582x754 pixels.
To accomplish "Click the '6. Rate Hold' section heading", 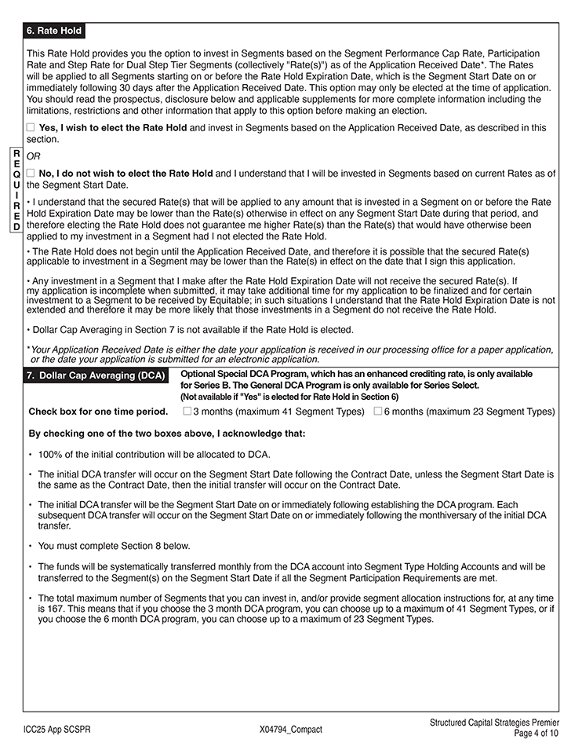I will pyautogui.click(x=53, y=31).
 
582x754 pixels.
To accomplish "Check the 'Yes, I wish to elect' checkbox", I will pyautogui.click(x=31, y=127).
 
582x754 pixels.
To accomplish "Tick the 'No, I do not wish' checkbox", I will pyautogui.click(x=31, y=174).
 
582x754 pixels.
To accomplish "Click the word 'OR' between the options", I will pyautogui.click(x=34, y=156).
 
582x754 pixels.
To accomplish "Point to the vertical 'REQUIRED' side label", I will pyautogui.click(x=16, y=189).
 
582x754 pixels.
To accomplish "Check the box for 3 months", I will pyautogui.click(x=187, y=411).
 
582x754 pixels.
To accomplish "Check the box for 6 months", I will pyautogui.click(x=378, y=411).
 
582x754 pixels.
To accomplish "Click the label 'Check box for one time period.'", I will pyautogui.click(x=98, y=412).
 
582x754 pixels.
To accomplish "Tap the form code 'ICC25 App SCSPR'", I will pyautogui.click(x=56, y=730).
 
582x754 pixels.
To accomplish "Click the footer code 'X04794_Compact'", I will pyautogui.click(x=290, y=730).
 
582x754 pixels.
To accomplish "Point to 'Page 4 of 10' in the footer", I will pyautogui.click(x=537, y=734).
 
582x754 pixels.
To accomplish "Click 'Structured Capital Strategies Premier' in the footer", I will pyautogui.click(x=494, y=723).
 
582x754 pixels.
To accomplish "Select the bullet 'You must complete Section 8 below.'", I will pyautogui.click(x=114, y=546).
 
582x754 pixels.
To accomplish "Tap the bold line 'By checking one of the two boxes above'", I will pyautogui.click(x=166, y=433).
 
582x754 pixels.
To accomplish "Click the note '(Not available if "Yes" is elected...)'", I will pyautogui.click(x=289, y=397).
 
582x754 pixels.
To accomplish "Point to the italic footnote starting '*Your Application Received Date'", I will pyautogui.click(x=290, y=354).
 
